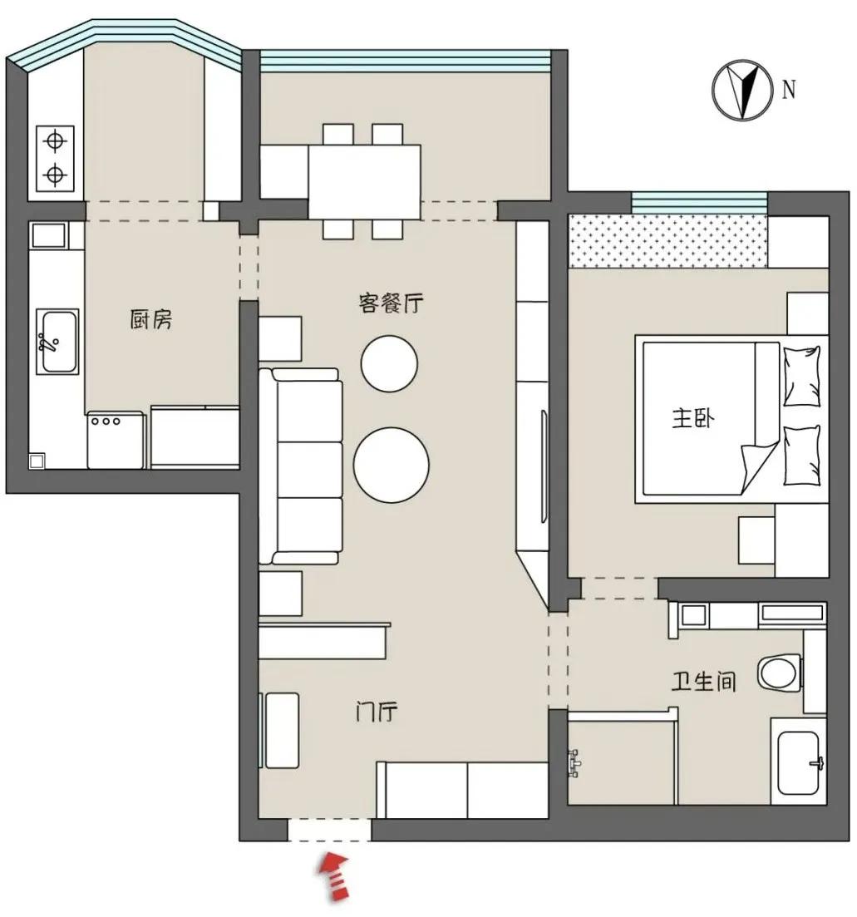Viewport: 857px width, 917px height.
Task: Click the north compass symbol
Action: click(737, 90)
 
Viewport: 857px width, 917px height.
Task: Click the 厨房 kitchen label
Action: click(151, 319)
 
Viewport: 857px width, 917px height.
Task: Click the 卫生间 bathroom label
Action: click(704, 683)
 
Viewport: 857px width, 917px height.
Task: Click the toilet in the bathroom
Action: click(780, 672)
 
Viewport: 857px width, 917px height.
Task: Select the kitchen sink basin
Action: click(57, 341)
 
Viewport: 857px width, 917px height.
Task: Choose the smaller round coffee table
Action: click(389, 362)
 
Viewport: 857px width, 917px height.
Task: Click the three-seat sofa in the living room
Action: click(301, 468)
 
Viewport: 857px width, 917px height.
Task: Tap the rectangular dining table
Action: click(364, 180)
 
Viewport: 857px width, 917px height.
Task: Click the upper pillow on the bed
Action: click(800, 375)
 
